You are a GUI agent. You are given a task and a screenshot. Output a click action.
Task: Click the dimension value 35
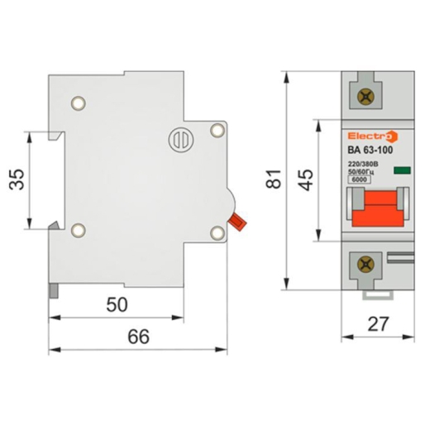click(17, 179)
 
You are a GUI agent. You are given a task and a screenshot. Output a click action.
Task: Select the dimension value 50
click(117, 305)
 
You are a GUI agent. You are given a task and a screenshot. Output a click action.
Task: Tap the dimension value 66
click(138, 337)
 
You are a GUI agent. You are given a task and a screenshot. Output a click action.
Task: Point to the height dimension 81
click(274, 179)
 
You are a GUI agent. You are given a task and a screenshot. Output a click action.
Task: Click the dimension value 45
click(306, 180)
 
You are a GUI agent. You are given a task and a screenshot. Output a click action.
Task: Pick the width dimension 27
click(378, 324)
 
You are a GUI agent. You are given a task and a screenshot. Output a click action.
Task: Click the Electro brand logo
click(373, 136)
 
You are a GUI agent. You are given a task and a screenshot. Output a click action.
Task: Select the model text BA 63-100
click(370, 150)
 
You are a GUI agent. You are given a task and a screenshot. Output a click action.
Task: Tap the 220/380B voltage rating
click(363, 164)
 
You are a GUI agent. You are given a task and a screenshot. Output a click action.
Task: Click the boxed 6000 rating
click(360, 179)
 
